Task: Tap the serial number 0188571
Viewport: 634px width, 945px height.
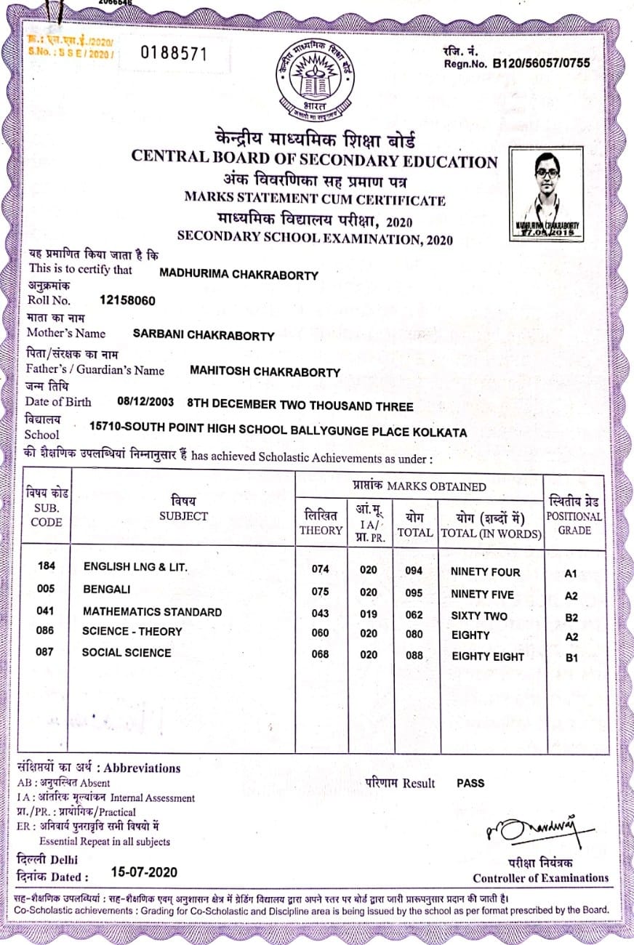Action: (x=174, y=53)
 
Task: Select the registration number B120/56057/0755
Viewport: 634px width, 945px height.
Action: (x=541, y=63)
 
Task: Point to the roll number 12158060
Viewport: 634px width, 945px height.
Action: (x=127, y=300)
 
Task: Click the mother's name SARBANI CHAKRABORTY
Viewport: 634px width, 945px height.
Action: (x=204, y=335)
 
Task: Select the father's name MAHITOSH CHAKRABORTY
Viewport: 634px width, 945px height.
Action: (x=265, y=371)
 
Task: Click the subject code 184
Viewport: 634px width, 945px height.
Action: (x=46, y=566)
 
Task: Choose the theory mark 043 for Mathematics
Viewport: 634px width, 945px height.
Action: (x=321, y=614)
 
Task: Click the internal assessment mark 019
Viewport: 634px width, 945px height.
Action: (x=369, y=614)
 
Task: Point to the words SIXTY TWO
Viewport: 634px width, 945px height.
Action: (x=479, y=616)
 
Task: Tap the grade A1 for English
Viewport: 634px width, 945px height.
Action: (x=571, y=574)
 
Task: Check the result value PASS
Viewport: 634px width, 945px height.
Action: (x=470, y=783)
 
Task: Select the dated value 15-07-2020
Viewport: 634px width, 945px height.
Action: (x=144, y=872)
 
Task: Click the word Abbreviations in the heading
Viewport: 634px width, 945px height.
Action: (x=143, y=768)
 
